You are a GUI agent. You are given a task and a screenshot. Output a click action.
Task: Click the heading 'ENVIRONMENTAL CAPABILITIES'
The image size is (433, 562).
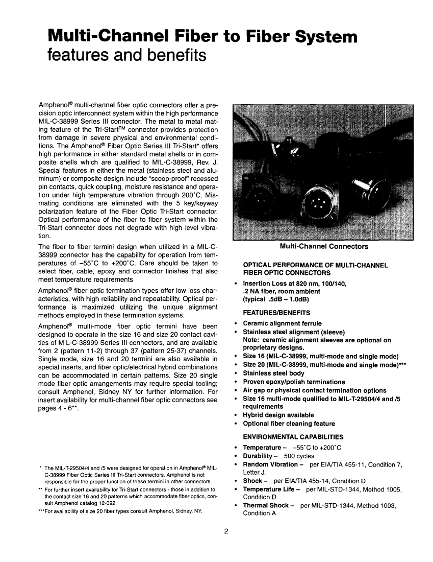[293, 437]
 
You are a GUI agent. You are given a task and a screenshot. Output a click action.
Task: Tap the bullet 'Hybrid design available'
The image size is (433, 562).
[278, 415]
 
